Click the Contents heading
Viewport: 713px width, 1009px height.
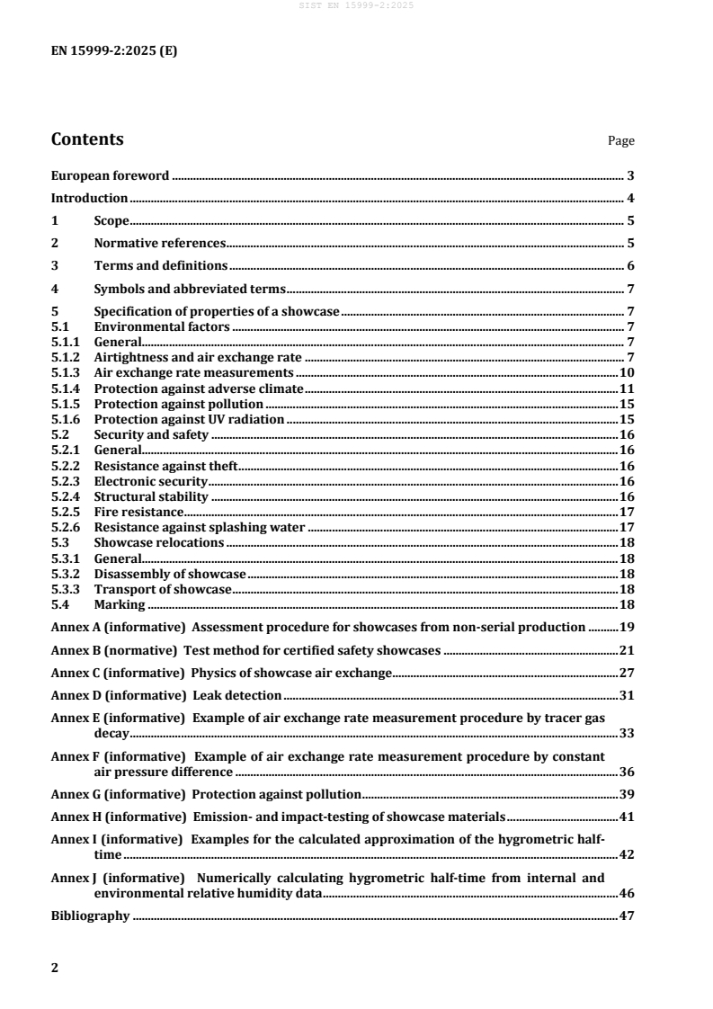(x=87, y=139)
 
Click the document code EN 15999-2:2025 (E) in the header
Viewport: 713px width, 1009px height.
(x=113, y=51)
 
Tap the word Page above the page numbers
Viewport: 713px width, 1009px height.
(x=620, y=141)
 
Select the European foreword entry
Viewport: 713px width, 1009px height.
(x=110, y=176)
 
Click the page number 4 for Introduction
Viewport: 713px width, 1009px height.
(x=631, y=198)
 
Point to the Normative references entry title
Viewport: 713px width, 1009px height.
(x=159, y=243)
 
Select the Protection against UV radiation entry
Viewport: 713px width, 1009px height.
(x=189, y=419)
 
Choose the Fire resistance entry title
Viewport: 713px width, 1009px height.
(x=138, y=513)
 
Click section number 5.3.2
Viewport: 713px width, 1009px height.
(x=65, y=574)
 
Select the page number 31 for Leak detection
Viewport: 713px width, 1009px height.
(x=628, y=696)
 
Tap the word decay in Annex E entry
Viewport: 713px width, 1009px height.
(x=111, y=734)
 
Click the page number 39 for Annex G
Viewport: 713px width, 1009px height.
(x=628, y=794)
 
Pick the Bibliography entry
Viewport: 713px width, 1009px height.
(x=90, y=917)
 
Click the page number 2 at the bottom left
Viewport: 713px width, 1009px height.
(x=55, y=969)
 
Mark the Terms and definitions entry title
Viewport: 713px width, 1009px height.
(x=160, y=266)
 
